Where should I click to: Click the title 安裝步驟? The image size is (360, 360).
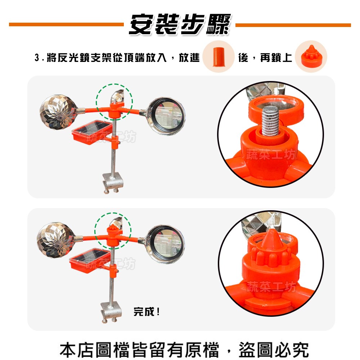[x=180, y=24]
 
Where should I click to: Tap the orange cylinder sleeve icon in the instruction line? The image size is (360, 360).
[x=218, y=57]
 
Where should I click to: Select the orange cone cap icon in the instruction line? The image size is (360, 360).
[x=310, y=56]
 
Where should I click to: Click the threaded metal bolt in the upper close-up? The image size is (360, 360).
[x=270, y=121]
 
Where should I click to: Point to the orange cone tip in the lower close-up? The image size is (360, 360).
[x=271, y=239]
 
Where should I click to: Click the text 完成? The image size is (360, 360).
[x=147, y=311]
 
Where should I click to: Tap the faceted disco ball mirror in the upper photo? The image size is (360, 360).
[x=58, y=112]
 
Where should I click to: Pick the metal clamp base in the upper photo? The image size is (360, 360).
[x=113, y=182]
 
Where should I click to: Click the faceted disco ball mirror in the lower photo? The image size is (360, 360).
[x=55, y=240]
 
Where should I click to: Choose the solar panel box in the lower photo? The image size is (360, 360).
[x=90, y=261]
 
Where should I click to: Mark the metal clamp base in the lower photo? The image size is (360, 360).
[x=111, y=312]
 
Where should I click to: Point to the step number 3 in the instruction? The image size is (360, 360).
[x=37, y=57]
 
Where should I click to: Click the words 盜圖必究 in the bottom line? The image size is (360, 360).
[x=274, y=350]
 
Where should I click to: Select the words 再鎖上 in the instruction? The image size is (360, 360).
[x=276, y=57]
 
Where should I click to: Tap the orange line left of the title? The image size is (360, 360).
[x=66, y=24]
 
